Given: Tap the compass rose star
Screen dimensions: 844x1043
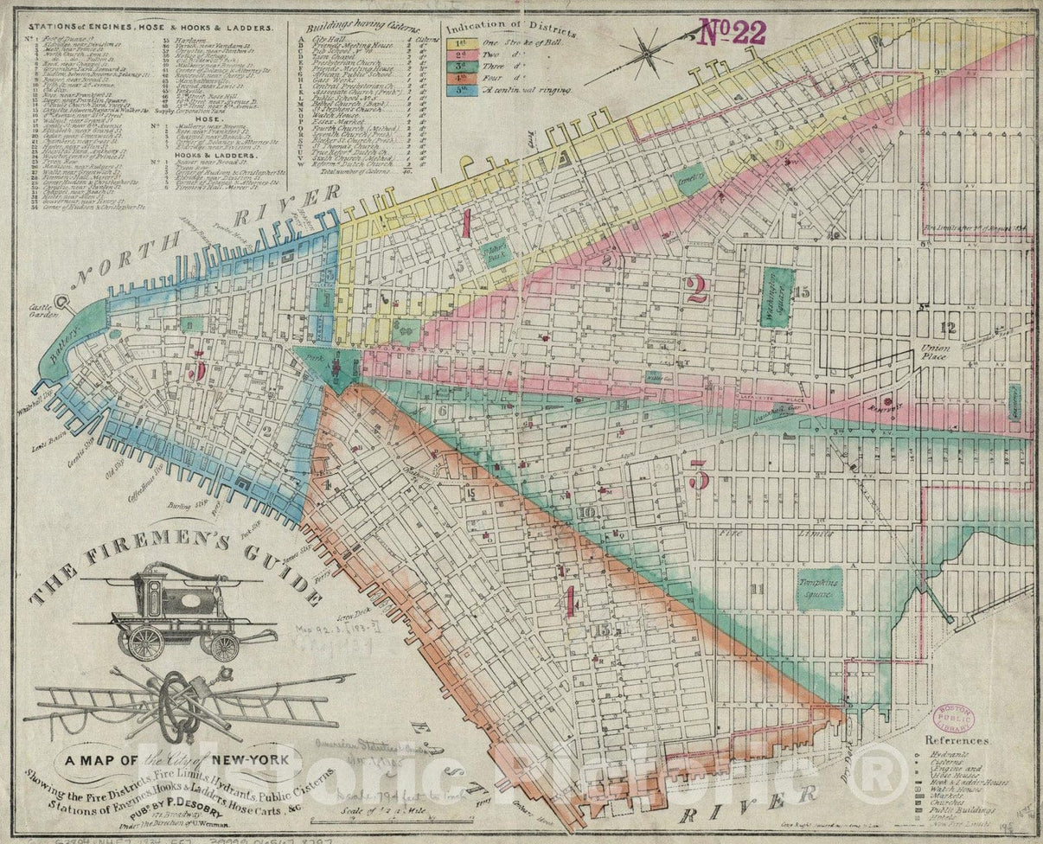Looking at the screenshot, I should pyautogui.click(x=646, y=54).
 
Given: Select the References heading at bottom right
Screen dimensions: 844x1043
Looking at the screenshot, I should pyautogui.click(x=957, y=741).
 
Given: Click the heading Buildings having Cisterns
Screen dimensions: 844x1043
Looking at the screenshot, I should pyautogui.click(x=366, y=28).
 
